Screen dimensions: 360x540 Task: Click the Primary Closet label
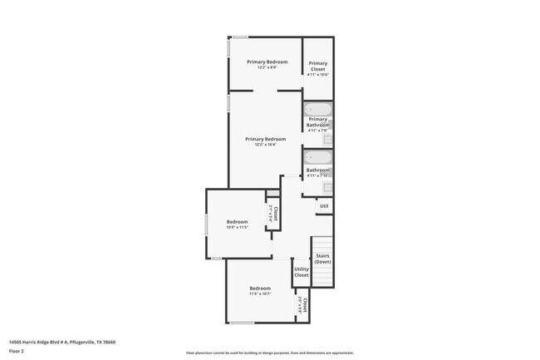coord(317,66)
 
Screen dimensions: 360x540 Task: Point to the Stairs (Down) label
coord(323,259)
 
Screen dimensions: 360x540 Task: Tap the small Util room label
coord(324,205)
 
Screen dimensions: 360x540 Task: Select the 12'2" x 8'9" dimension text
coord(266,68)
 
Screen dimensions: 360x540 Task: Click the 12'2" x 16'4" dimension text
coord(266,145)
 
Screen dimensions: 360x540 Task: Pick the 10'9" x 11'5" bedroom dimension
coord(238,227)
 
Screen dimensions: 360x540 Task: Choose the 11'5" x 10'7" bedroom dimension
coord(260,293)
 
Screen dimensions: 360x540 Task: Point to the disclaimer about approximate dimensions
coord(269,353)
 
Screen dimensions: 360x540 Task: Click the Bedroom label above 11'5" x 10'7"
coord(260,288)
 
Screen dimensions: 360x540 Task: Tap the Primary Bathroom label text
coord(318,121)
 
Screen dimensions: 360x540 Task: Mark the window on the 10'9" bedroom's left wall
coord(207,226)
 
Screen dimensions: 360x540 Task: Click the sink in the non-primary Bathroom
coord(327,187)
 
